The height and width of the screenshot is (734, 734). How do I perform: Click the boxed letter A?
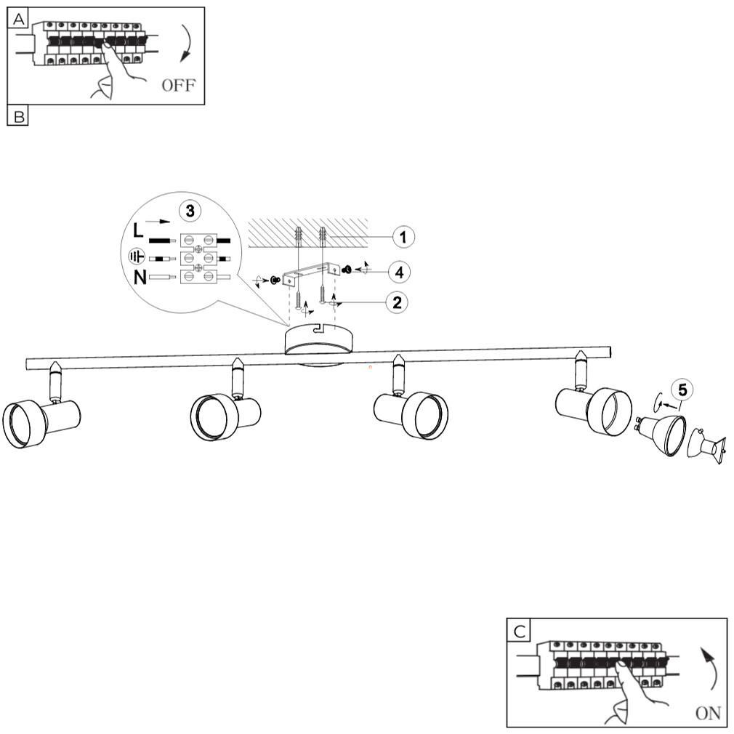tap(17, 19)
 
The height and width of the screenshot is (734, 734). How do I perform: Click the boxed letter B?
tap(17, 116)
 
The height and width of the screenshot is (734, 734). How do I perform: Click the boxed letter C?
tap(518, 630)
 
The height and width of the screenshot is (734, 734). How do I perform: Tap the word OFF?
tap(178, 86)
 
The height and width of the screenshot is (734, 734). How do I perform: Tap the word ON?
tap(708, 713)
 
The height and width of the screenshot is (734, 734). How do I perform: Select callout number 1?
tap(404, 236)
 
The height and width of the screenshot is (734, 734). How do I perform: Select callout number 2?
tap(396, 302)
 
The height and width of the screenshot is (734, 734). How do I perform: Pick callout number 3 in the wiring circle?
tap(190, 211)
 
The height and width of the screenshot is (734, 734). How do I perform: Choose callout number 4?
tap(397, 272)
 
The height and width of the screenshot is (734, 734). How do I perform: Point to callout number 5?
tap(682, 390)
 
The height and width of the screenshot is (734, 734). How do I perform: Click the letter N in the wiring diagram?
tap(139, 277)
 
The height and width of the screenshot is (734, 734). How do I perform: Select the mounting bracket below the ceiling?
tap(313, 273)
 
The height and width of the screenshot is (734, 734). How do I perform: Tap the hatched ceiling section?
tap(305, 233)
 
